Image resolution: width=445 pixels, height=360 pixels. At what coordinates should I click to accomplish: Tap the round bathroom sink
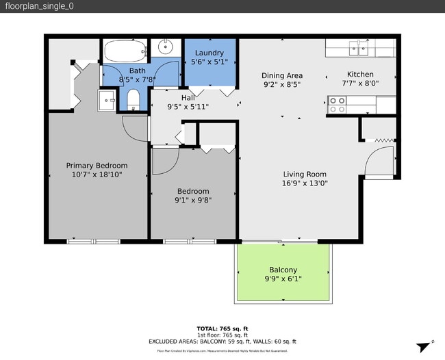point(165,47)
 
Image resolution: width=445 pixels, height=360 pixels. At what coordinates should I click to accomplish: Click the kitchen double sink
point(356,48)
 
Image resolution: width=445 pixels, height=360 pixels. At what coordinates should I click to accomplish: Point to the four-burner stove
point(337,104)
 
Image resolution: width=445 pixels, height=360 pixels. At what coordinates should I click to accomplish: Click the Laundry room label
point(209,53)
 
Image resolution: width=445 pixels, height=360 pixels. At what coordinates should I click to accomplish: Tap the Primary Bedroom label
point(97,165)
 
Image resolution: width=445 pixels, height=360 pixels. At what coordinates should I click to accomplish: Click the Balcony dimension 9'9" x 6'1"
point(283,279)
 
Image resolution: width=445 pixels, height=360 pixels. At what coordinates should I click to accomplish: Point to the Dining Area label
point(282,75)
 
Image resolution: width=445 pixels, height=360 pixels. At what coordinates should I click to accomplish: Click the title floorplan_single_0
point(39,6)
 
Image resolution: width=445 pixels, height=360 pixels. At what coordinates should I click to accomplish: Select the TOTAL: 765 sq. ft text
point(222,329)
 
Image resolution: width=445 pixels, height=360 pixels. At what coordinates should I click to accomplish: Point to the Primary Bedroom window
point(93,241)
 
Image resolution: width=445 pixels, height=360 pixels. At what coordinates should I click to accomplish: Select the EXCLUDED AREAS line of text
point(222,341)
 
